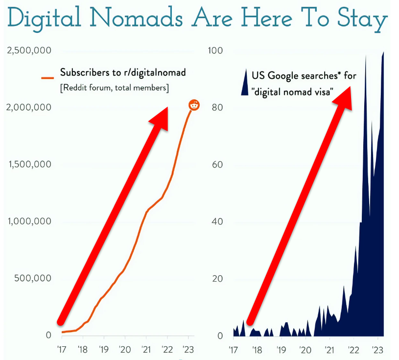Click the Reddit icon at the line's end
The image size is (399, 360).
click(194, 104)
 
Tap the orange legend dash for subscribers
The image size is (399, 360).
click(47, 77)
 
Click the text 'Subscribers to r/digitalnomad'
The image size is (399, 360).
click(123, 72)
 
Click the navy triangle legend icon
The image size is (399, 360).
click(245, 83)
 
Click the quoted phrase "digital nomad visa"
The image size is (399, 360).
click(292, 91)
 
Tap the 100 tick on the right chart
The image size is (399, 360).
click(215, 50)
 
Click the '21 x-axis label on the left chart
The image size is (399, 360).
click(146, 350)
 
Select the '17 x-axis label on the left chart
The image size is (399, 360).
click(62, 350)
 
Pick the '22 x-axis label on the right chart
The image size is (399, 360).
click(353, 350)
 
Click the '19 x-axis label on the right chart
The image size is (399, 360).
click(281, 350)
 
